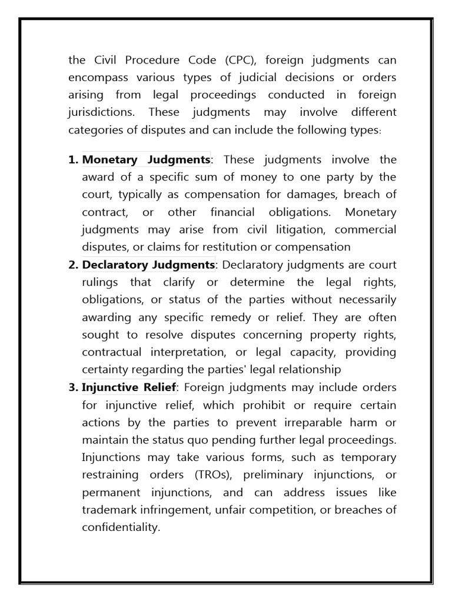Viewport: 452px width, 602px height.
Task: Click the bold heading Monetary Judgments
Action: [x=146, y=160]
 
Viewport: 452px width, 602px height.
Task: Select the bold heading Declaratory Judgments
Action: [x=149, y=265]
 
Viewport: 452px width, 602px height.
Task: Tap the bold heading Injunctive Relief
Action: [x=129, y=387]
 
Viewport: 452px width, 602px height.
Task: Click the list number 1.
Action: [x=74, y=160]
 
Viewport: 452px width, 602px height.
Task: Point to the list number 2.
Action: [x=74, y=265]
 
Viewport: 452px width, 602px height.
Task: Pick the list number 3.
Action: [x=74, y=387]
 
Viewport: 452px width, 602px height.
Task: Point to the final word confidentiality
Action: [x=121, y=527]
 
